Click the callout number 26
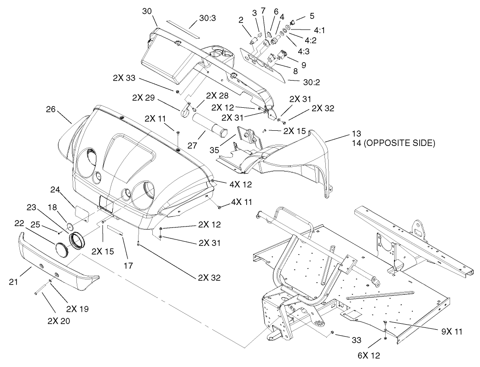coord(51,110)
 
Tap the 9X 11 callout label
coord(449,331)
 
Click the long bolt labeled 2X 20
coord(42,291)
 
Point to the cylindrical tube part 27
coord(210,126)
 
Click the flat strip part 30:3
coord(182,29)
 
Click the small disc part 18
coord(70,226)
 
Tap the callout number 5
coord(312,16)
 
